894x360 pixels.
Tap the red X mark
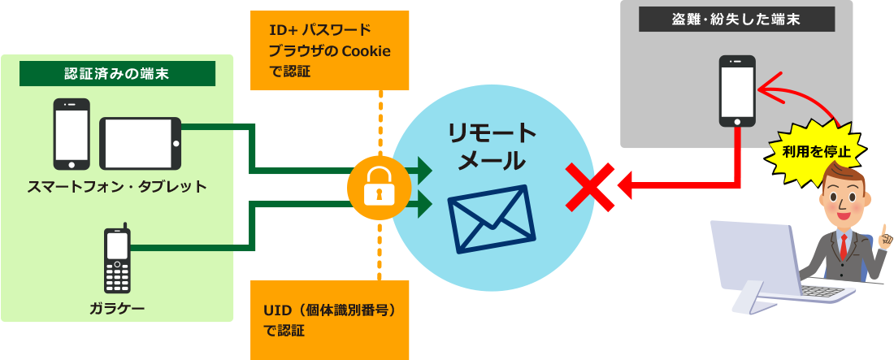coord(590,186)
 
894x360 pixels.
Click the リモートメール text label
coord(492,146)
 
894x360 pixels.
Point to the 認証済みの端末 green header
coord(117,74)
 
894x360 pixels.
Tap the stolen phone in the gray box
coord(737,90)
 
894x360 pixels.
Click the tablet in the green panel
coord(140,142)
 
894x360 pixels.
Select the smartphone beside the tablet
coord(72,133)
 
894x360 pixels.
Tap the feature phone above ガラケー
coord(118,259)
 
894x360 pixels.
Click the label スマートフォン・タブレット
coord(117,187)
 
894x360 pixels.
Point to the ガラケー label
coord(117,307)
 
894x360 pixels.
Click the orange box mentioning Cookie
coord(329,50)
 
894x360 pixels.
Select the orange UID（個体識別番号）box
coord(329,319)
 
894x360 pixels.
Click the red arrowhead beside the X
coord(624,186)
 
